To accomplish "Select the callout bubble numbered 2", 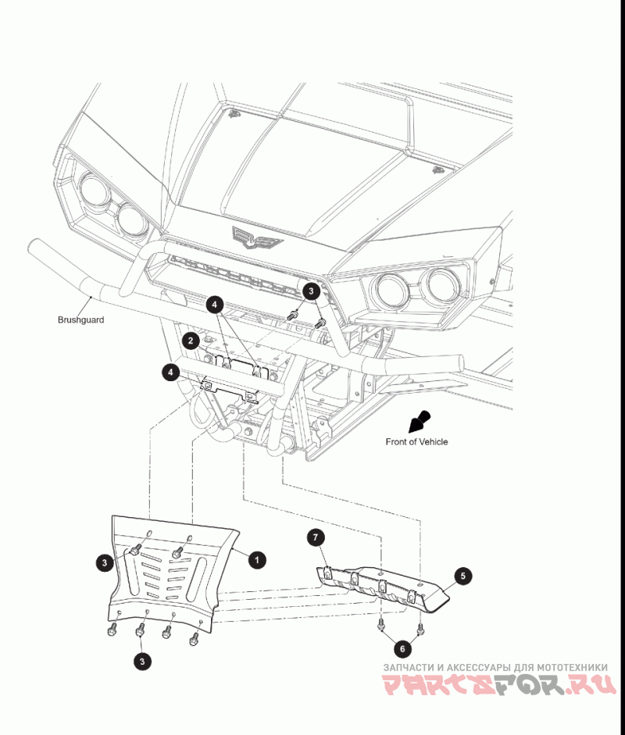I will [190, 341].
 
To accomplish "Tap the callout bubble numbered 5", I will [463, 576].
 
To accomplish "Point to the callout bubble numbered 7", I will [315, 537].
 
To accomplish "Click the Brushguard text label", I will [80, 319].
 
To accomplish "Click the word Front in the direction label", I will [397, 442].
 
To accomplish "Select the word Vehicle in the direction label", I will [433, 442].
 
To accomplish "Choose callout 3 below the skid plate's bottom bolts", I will [142, 661].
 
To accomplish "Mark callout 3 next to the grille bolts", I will [312, 291].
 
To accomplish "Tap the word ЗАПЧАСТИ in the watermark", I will [407, 668].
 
